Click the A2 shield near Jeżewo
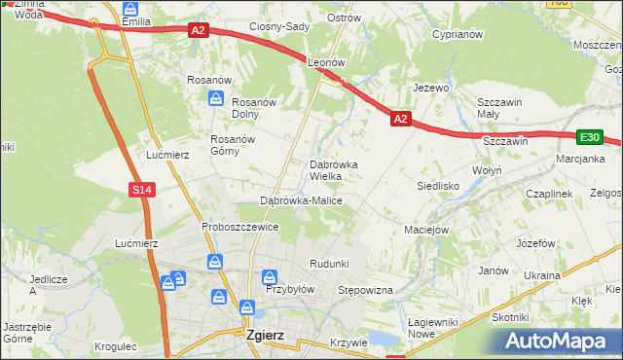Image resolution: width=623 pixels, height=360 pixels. pyautogui.click(x=400, y=119)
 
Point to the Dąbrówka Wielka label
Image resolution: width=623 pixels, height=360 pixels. pyautogui.click(x=333, y=170)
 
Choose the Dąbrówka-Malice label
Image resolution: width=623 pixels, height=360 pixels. pyautogui.click(x=301, y=200)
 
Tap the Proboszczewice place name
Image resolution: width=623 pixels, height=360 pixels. pyautogui.click(x=240, y=227)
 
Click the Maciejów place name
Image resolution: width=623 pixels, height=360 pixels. pyautogui.click(x=425, y=231)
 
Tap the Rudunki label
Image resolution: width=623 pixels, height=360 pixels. pyautogui.click(x=329, y=264)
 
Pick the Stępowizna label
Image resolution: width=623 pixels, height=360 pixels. pyautogui.click(x=364, y=290)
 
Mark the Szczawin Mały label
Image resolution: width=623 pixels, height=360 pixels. pyautogui.click(x=500, y=108)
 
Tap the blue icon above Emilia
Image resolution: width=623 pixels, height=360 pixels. pyautogui.click(x=131, y=8)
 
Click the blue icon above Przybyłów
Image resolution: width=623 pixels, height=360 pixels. pyautogui.click(x=274, y=276)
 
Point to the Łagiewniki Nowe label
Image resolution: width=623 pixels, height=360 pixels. pyautogui.click(x=434, y=328)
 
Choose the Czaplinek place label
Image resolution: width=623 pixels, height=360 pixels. pyautogui.click(x=548, y=194)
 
